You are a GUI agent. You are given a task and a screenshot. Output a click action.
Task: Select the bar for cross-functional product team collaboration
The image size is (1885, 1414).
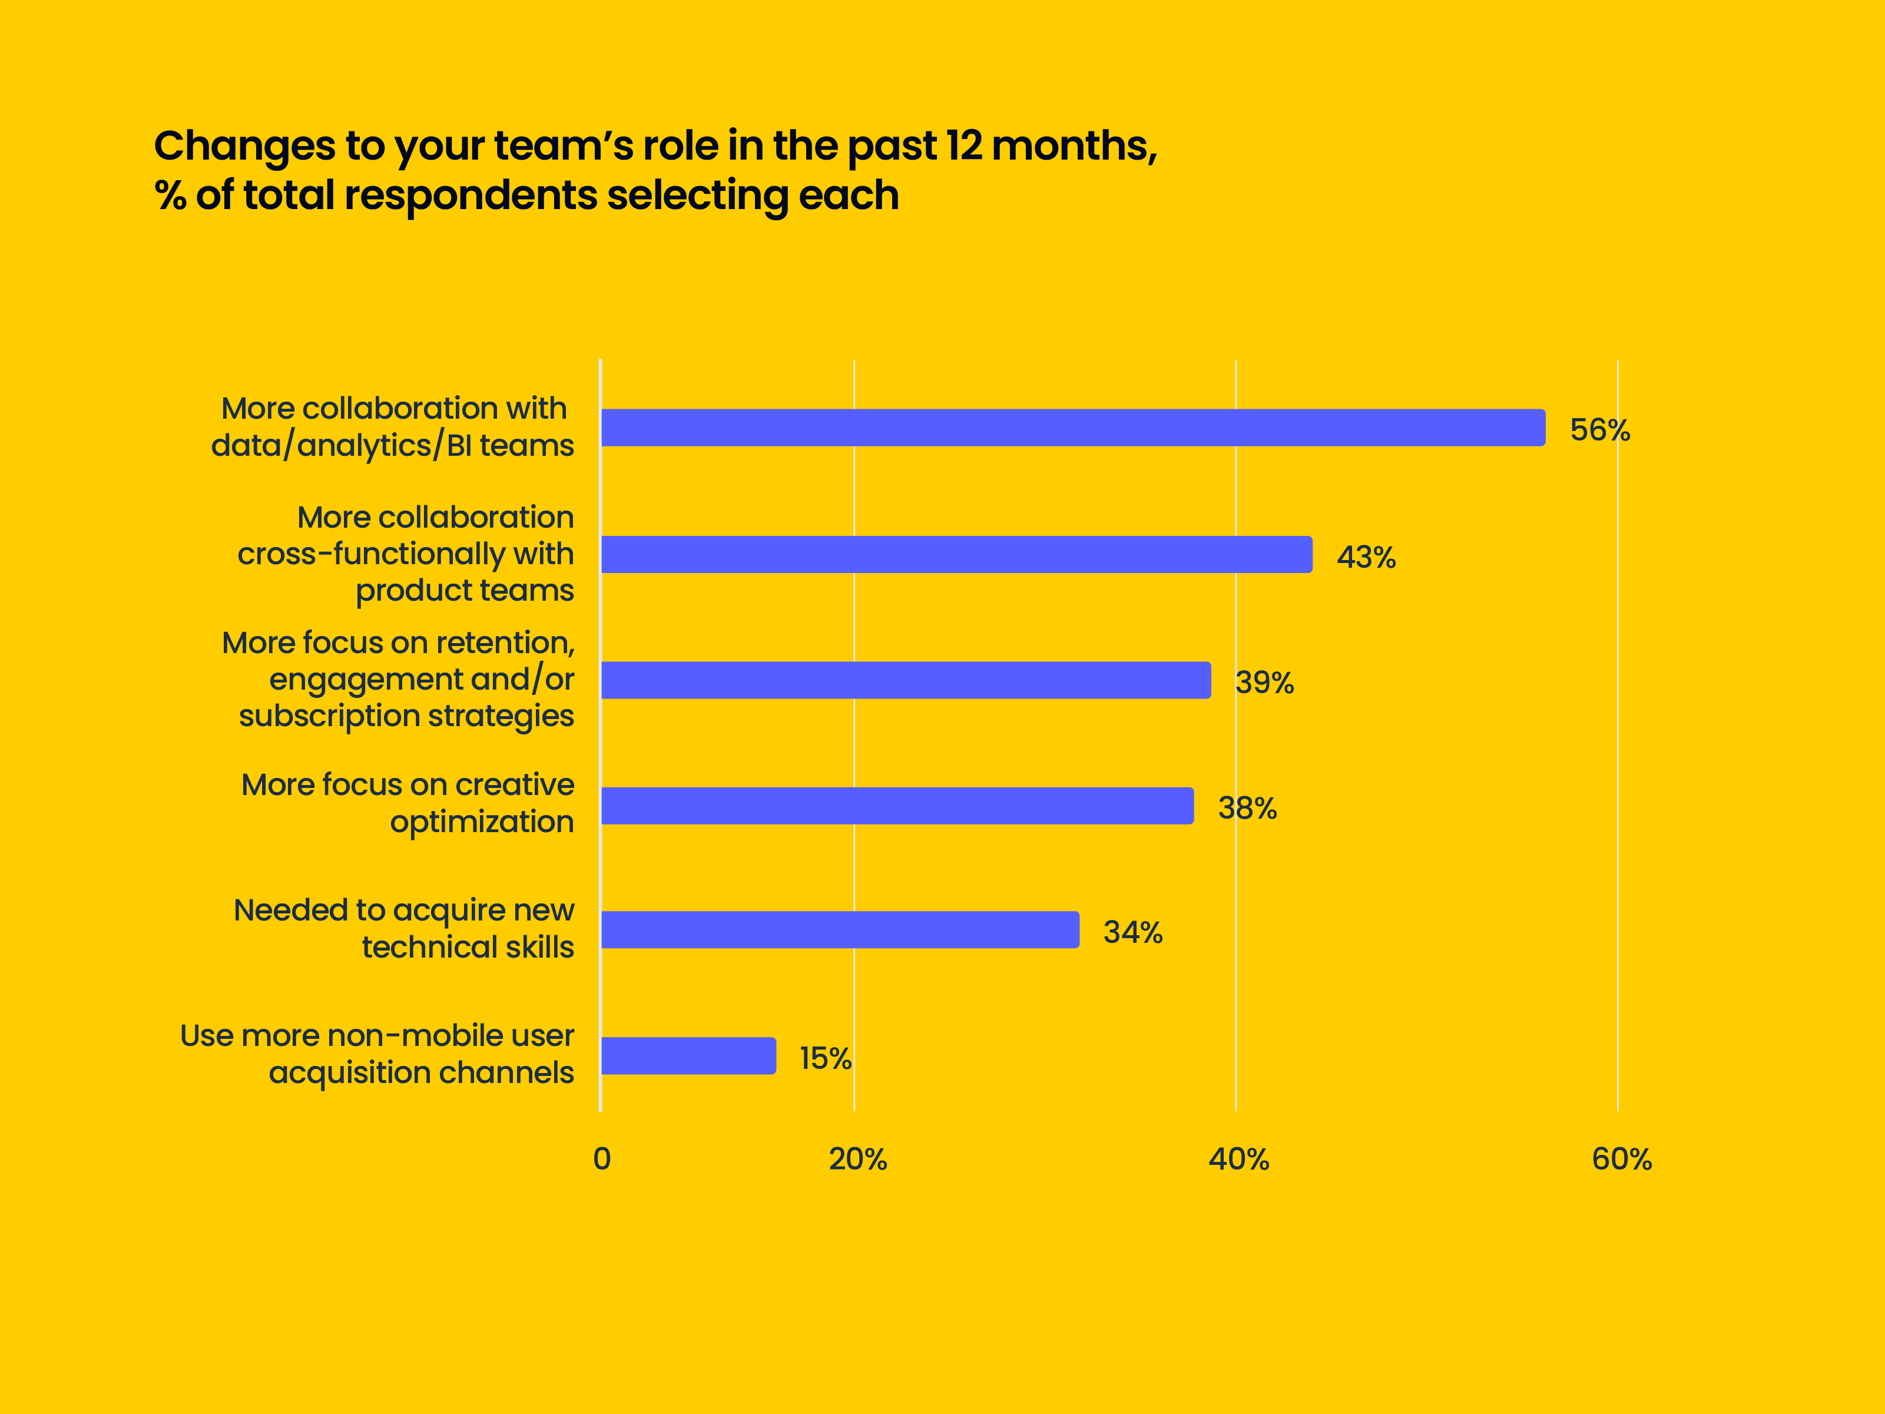coord(956,555)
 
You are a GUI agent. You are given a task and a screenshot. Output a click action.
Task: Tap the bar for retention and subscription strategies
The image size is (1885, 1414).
coord(905,680)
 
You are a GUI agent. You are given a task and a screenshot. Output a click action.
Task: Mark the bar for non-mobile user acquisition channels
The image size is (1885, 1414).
coord(688,1056)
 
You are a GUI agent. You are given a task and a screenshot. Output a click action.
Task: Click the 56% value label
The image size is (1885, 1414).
coord(1599,429)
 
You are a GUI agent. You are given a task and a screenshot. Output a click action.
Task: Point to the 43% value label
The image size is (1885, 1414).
coord(1366,558)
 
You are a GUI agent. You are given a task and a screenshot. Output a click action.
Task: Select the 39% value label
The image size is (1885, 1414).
coord(1265,683)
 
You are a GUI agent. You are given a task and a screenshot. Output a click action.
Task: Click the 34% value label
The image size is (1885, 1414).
coord(1132,932)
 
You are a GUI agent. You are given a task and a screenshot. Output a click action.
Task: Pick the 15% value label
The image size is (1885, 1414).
coord(825,1058)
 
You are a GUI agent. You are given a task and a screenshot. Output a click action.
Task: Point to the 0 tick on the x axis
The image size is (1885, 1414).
coord(602,1159)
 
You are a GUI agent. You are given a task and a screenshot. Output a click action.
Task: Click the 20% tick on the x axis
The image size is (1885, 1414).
coord(857,1159)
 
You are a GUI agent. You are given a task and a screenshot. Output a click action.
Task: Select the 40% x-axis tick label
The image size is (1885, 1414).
coord(1238,1159)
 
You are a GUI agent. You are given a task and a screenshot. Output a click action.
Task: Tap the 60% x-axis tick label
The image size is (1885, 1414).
coord(1621,1159)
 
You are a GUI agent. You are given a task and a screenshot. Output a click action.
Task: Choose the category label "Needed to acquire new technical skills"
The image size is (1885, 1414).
coord(404,929)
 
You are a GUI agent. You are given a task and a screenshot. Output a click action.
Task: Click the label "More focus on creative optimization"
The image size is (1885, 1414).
coord(408,803)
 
